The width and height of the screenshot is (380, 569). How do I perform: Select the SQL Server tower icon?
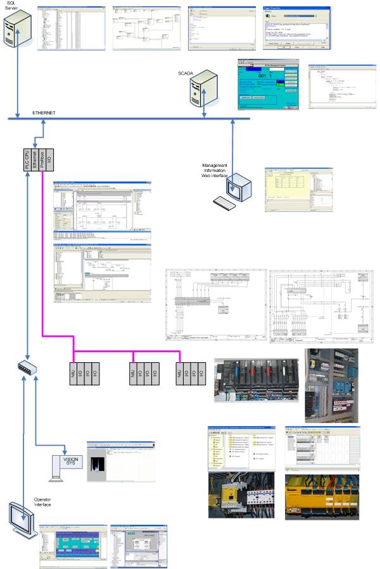18,33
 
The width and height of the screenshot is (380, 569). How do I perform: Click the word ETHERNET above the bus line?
44,113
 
